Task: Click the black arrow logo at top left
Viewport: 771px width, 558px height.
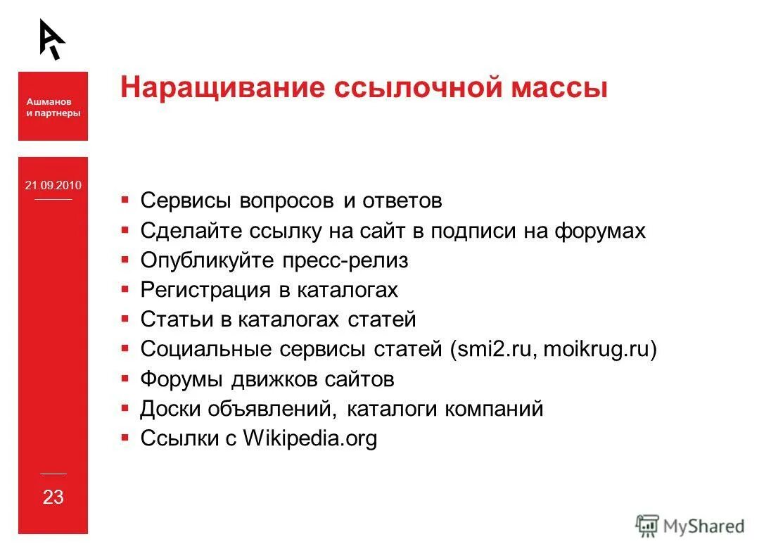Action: (x=51, y=39)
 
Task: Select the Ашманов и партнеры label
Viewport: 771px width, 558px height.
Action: (x=53, y=107)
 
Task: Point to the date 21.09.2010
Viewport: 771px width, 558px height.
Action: (x=53, y=186)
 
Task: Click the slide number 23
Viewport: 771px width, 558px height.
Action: (x=53, y=497)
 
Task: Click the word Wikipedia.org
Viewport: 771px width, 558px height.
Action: (x=310, y=438)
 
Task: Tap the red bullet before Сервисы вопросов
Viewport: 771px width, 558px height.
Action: (x=125, y=200)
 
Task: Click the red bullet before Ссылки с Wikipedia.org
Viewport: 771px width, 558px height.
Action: (x=125, y=438)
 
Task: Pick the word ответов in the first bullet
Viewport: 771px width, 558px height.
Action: (x=402, y=201)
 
